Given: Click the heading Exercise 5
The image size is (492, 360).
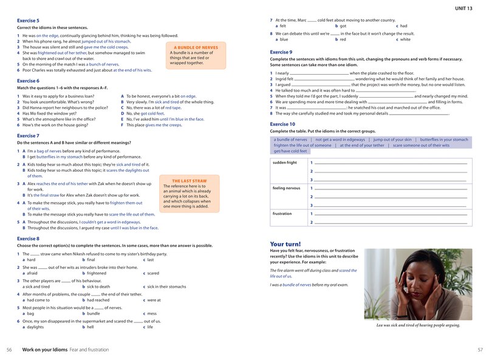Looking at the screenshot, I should coord(28,21).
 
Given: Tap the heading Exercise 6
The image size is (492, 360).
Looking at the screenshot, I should coord(28,80).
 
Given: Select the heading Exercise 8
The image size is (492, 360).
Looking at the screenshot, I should coord(28,239).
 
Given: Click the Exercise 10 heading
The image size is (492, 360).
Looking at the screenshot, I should coord(282,124).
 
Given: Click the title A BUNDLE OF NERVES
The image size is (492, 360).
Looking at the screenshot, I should coord(196,47).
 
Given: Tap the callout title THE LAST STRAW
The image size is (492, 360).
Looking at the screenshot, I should coord(190,180).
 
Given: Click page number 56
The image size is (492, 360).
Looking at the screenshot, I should coord(9,350).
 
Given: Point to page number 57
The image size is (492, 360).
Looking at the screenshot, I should coord(480,350).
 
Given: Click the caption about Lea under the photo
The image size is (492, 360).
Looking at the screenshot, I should coord(418,325).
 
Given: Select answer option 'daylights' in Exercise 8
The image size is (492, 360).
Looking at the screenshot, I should coord(35,327).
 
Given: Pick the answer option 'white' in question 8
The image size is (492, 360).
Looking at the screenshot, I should coord(405,39).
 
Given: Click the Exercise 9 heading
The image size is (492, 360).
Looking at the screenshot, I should coord(281,52).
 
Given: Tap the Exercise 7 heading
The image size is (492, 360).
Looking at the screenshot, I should coord(28,135).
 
